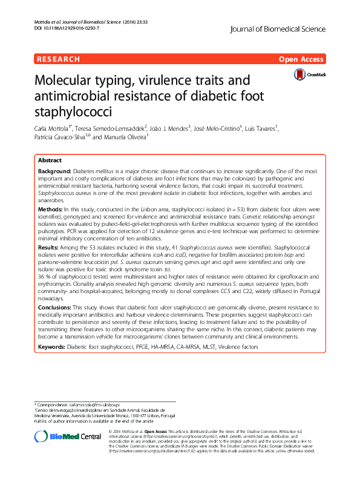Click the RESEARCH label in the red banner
click(x=58, y=59)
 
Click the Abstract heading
click(x=50, y=160)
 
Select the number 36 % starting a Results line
click(x=44, y=276)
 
